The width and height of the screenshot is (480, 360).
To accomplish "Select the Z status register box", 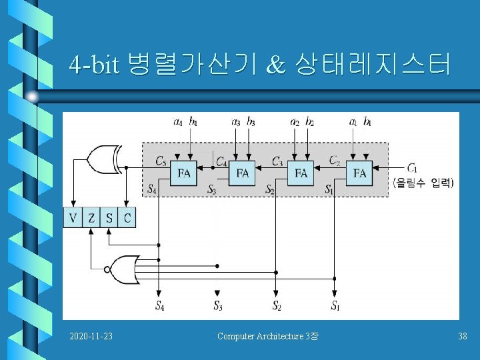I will pos(91,217).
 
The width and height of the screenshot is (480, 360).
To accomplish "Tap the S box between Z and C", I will pos(109,217).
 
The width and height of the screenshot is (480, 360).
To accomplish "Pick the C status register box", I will pos(127,217).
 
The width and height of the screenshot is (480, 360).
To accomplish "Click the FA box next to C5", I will pos(185,173).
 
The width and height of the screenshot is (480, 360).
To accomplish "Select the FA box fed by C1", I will pos(360,173).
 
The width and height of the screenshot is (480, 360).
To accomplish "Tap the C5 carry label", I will pos(161,161).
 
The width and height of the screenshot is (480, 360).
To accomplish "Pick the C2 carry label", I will pos(335,161).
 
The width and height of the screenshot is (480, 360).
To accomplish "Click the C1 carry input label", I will pos(413,167).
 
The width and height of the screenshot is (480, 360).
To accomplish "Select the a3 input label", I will pos(236,122).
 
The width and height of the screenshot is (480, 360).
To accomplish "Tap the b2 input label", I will pos(310,122).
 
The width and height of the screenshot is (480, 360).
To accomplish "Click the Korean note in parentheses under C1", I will pos(423,183).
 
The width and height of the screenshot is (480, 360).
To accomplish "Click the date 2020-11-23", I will pos(91,336).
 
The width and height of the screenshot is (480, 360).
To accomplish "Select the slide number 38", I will pos(463,336).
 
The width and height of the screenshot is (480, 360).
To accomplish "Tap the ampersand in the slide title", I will pos(274,65).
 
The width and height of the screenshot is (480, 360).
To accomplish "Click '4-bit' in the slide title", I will pos(94,65).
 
